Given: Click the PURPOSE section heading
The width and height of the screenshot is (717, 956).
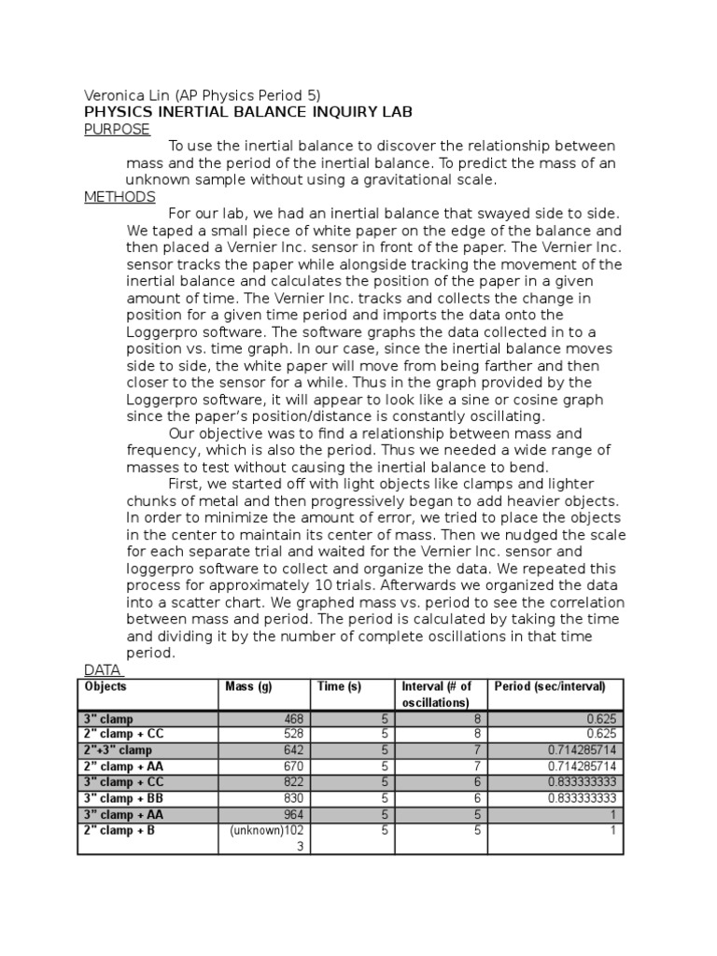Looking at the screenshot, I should tap(117, 130).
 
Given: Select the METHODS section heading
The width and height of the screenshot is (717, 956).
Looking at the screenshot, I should tap(119, 197).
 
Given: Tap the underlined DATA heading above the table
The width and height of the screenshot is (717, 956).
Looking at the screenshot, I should tap(104, 669).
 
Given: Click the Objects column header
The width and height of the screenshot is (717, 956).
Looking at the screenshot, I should tap(105, 686).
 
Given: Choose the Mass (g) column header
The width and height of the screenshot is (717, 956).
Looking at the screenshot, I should tap(248, 686).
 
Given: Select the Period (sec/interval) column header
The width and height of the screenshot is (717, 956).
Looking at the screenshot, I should tap(550, 686).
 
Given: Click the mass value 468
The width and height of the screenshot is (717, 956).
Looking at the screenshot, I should tap(293, 719).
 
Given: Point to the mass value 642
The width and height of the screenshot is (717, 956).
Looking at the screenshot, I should tap(293, 751).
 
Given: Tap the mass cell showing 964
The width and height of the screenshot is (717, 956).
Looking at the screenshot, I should tap(293, 814).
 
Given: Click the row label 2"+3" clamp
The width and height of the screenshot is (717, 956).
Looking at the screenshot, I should tap(118, 751).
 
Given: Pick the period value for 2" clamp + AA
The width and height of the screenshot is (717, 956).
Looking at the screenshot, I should tap(577, 766).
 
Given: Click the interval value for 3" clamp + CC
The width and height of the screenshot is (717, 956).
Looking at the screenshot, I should tap(476, 782).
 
